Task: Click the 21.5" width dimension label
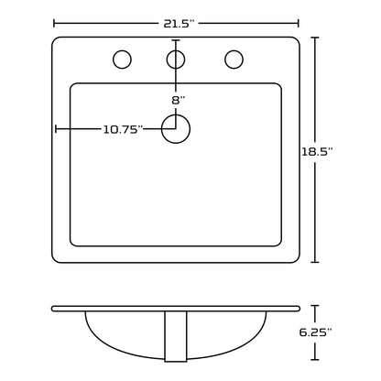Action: click(x=179, y=24)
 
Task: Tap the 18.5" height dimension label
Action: click(x=317, y=151)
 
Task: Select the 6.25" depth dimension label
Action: click(x=315, y=332)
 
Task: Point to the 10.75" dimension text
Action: click(x=123, y=130)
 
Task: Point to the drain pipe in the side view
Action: click(x=176, y=336)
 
